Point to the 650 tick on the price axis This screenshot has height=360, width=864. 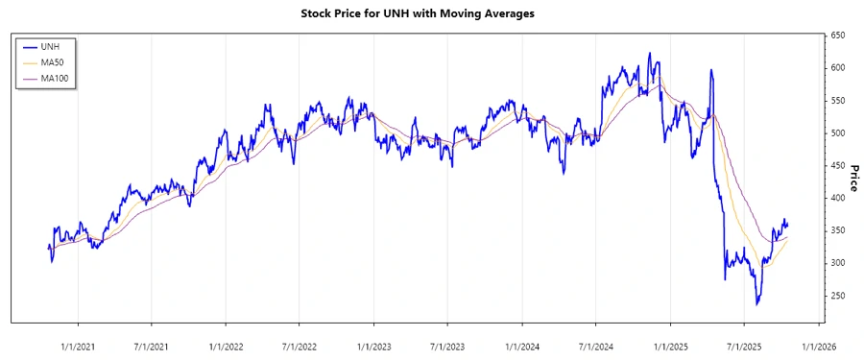click(837, 36)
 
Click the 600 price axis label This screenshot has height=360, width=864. click(837, 68)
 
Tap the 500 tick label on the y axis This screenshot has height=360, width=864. click(837, 132)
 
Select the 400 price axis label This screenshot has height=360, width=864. click(837, 198)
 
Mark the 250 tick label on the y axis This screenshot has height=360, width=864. click(837, 296)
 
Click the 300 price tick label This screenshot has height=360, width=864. click(837, 263)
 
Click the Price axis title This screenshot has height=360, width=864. click(853, 179)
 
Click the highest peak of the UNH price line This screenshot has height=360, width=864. click(650, 53)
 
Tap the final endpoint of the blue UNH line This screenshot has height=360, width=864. click(788, 225)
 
